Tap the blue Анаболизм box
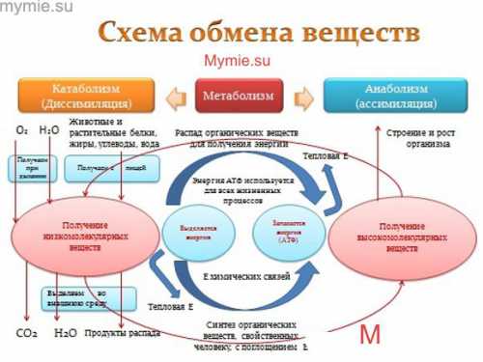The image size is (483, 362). coord(398,97)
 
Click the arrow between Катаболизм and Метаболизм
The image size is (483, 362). coord(175,97)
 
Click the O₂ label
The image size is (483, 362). coord(21,128)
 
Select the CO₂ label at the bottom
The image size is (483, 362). coord(26,333)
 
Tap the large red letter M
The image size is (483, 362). coord(370,335)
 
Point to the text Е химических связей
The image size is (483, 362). coord(239,275)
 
